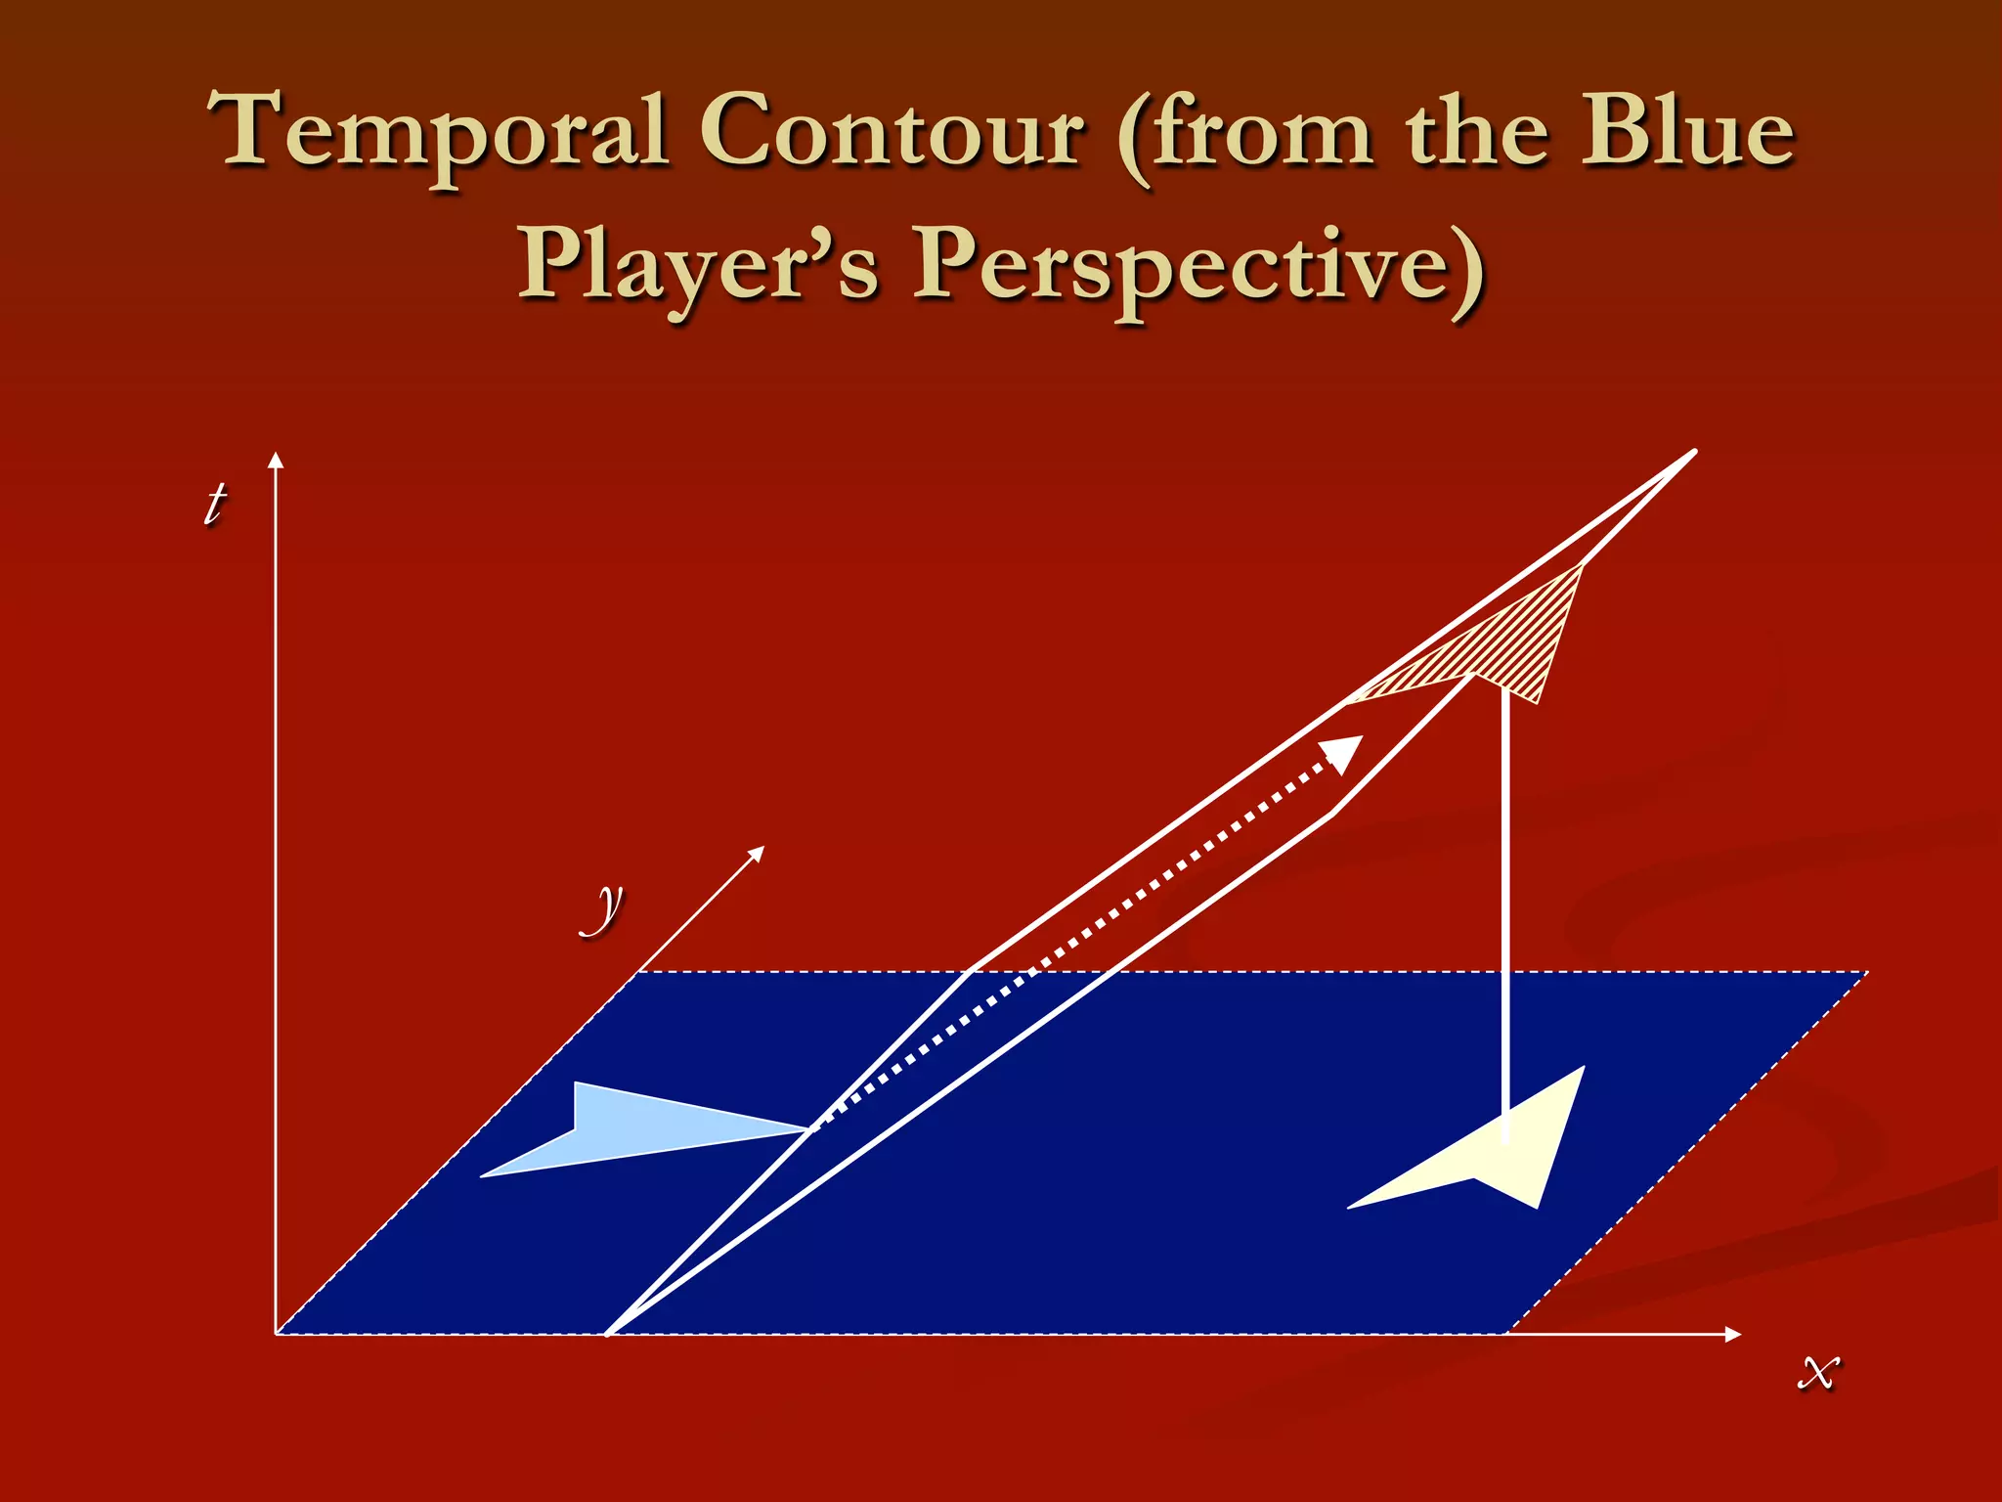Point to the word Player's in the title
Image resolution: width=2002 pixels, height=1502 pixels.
click(698, 264)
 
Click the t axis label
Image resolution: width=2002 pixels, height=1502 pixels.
click(214, 504)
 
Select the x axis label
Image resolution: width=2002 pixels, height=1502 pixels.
click(1818, 1370)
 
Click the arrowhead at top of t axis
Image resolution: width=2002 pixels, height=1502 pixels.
click(276, 460)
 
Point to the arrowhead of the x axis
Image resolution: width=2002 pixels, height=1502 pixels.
click(1733, 1334)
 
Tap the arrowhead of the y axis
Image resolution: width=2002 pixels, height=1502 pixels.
click(757, 853)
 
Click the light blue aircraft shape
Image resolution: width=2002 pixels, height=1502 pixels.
click(626, 1128)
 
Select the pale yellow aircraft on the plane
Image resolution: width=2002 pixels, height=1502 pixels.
click(1505, 1154)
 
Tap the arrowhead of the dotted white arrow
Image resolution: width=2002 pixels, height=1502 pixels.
click(1344, 753)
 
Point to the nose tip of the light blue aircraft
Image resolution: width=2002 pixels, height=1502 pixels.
click(807, 1130)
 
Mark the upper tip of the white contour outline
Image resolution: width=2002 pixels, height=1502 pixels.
click(1694, 452)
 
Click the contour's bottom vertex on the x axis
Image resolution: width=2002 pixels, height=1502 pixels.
click(608, 1333)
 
